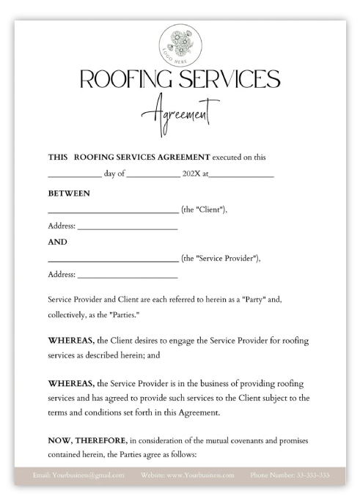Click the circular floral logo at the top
point(180,43)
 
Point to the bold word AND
point(57,241)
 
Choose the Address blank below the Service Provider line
point(127,275)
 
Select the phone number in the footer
point(290,475)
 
